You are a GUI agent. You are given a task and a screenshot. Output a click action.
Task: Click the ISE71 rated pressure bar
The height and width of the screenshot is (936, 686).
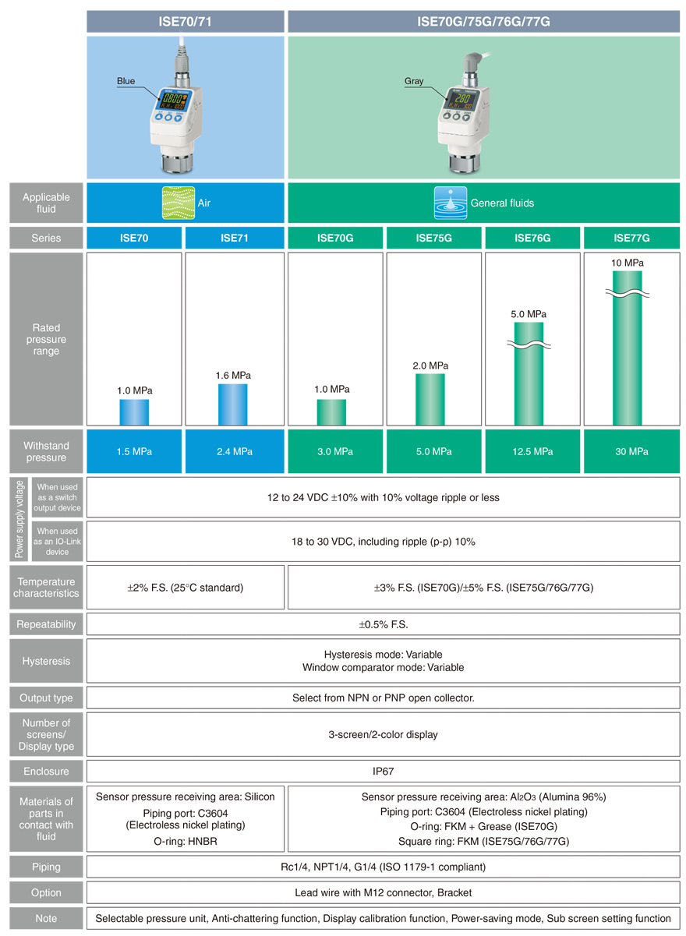[x=232, y=404]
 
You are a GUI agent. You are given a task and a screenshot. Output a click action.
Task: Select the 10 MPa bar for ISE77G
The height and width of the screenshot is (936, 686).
[x=627, y=348]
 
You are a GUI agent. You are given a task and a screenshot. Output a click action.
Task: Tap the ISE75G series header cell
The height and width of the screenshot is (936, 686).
[x=433, y=238]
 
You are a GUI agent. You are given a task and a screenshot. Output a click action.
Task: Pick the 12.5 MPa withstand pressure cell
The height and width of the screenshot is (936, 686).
[x=532, y=451]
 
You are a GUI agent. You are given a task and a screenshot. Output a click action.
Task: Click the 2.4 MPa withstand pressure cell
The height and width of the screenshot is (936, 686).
[x=235, y=451]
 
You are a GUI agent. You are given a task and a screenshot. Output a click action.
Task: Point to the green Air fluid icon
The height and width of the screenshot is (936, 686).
[x=179, y=203]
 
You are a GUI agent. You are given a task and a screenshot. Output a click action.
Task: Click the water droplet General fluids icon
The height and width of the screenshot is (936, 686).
[x=451, y=203]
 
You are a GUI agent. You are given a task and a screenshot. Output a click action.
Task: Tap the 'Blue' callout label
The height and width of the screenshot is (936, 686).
[x=126, y=80]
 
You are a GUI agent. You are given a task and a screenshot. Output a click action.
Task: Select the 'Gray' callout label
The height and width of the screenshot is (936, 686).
[x=414, y=80]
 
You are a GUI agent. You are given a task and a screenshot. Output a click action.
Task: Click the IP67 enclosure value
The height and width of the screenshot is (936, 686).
[x=383, y=771]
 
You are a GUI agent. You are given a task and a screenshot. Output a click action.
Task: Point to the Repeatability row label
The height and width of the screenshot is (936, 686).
[x=46, y=623]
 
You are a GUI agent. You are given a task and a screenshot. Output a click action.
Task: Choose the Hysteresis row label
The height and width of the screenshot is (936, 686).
[x=46, y=661]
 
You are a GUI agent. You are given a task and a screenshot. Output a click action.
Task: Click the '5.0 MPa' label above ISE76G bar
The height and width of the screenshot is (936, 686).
[x=529, y=314]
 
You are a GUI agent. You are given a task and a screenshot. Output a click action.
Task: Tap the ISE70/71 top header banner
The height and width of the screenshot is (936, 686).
[x=186, y=21]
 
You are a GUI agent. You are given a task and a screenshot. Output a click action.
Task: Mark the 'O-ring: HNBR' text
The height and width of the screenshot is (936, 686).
[x=186, y=841]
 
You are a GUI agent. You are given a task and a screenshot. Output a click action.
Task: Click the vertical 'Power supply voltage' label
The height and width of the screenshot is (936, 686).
[x=19, y=519]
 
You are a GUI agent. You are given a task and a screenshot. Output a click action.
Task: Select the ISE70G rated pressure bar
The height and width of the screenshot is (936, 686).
[x=331, y=412]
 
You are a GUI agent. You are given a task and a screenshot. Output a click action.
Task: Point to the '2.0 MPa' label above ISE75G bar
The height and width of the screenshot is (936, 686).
[x=430, y=366]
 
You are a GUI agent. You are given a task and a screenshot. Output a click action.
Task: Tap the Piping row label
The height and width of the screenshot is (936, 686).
[x=46, y=867]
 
